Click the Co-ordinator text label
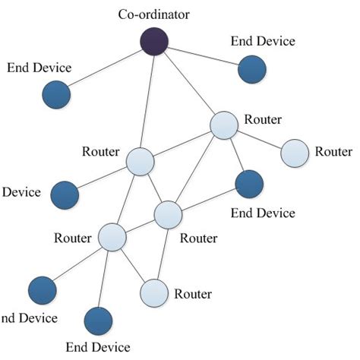tap(153, 13)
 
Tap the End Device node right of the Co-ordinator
tap(251, 69)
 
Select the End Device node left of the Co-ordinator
tap(55, 96)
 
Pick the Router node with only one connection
tap(295, 152)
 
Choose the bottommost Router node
tap(154, 292)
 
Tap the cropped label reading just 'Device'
tap(21, 192)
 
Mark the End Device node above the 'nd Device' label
tap(42, 289)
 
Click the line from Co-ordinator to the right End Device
tap(204, 55)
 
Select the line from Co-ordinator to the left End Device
tap(106, 68)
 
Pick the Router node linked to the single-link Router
tap(225, 125)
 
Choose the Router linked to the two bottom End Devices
tap(112, 237)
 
